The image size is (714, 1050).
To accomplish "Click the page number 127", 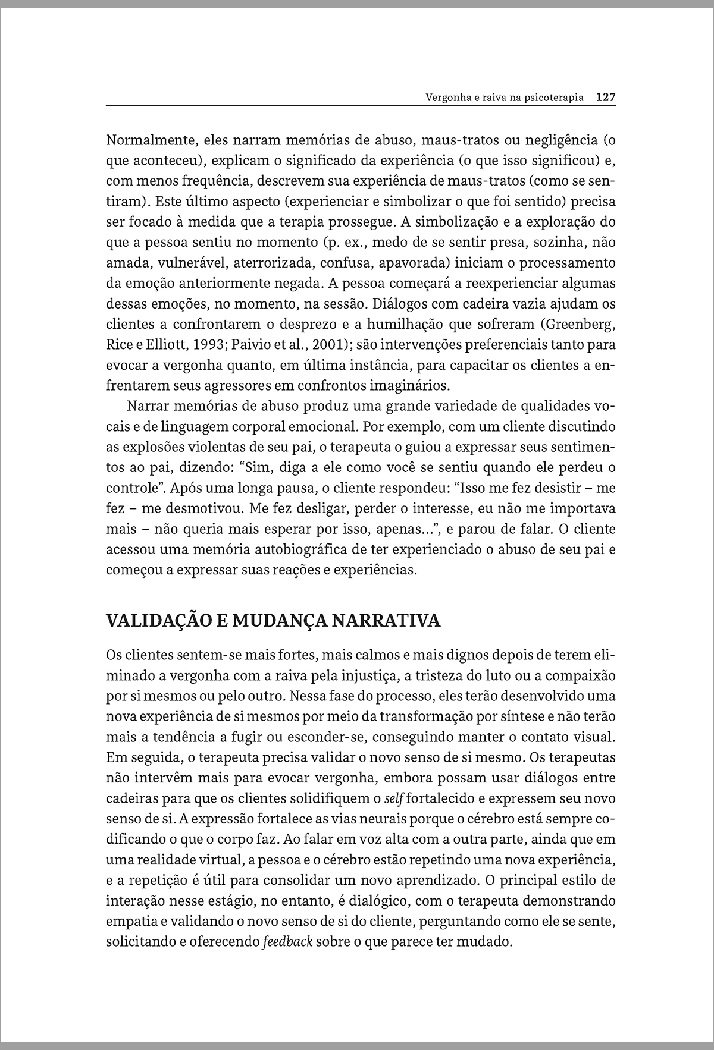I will pyautogui.click(x=606, y=98).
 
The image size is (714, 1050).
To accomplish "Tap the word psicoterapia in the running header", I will pyautogui.click(x=552, y=98).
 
